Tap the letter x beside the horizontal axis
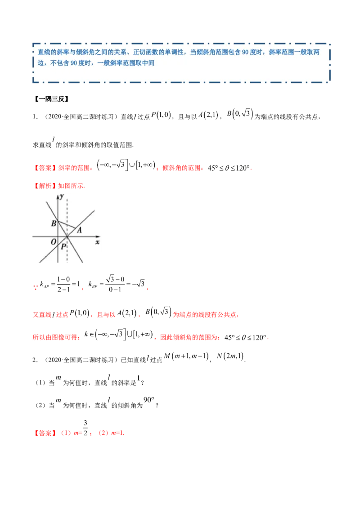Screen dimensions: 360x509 click(x=97, y=242)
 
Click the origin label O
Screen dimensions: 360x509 click(x=53, y=242)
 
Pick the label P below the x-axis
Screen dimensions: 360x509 click(x=63, y=246)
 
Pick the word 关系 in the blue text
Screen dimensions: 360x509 click(x=116, y=53)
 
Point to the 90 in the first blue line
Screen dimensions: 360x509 click(x=245, y=53)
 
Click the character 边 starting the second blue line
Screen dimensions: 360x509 click(x=41, y=63)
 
